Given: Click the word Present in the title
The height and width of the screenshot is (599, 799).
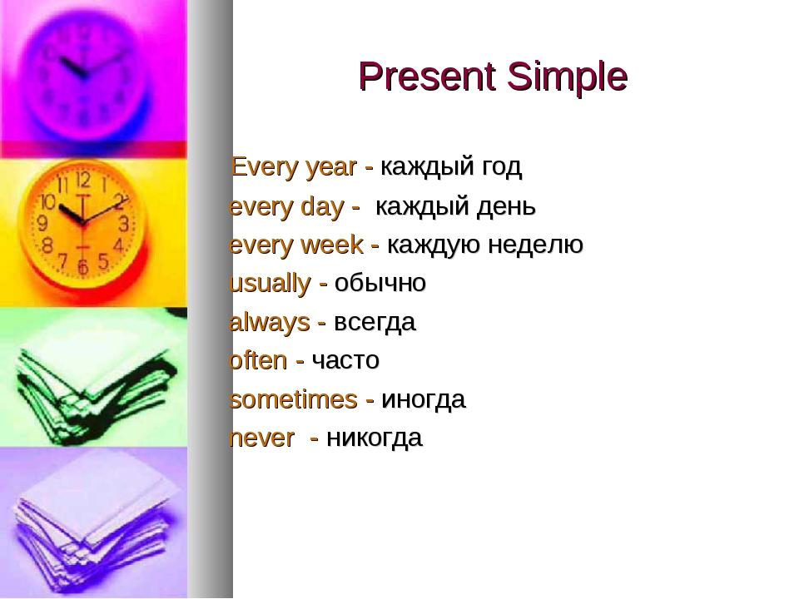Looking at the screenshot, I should pos(423,77).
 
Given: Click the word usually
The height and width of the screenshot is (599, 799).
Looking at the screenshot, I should pos(269,284).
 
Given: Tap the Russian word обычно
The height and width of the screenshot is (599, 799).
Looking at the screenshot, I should pos(380,284).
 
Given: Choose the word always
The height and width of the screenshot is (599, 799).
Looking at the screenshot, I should pos(269,322).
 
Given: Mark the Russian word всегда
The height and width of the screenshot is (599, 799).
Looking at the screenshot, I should pos(375,322).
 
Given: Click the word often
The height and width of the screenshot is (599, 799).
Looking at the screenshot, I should pos(257,360).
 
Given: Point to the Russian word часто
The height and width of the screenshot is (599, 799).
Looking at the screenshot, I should pos(345,361).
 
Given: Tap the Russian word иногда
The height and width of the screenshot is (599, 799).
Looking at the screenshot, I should pos(423,400).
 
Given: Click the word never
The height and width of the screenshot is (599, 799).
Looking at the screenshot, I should pos(261,438).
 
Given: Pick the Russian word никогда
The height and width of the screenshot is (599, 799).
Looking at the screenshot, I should pos(374,438).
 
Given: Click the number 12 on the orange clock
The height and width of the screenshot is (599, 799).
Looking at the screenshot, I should pos(83,180).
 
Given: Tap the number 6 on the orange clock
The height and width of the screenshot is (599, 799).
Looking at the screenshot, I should pos(82,268).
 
